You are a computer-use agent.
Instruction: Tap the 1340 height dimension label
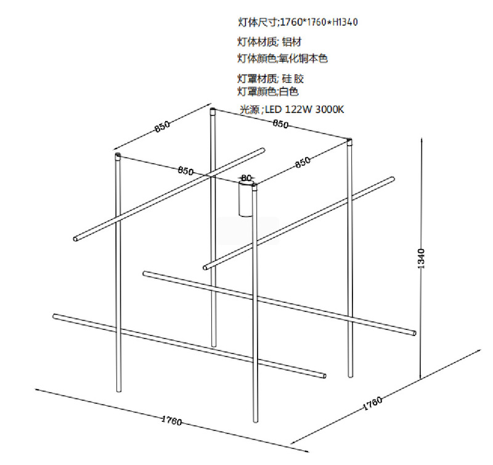click(x=422, y=259)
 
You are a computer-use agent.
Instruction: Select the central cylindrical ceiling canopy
click(x=246, y=199)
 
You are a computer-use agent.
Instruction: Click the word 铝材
click(x=292, y=42)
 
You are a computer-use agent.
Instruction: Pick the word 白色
click(x=288, y=91)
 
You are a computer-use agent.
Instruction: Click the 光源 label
click(x=250, y=110)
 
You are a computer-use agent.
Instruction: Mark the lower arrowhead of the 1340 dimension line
click(x=422, y=377)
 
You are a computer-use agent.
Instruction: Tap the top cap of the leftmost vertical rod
click(x=117, y=155)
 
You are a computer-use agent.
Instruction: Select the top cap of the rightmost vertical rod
click(x=349, y=141)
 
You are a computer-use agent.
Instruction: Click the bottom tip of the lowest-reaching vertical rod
click(x=255, y=422)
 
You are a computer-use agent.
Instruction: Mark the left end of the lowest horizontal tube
click(x=55, y=316)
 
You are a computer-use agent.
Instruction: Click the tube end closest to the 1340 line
click(x=412, y=334)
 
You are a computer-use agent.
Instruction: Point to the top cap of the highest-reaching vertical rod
click(x=213, y=111)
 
